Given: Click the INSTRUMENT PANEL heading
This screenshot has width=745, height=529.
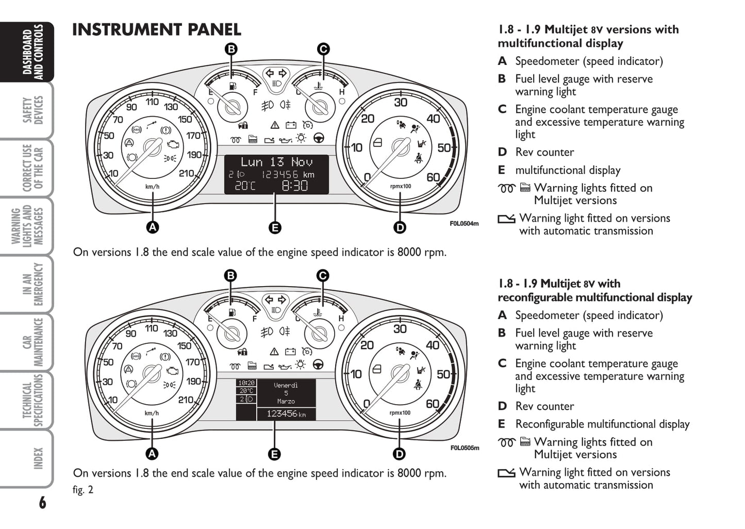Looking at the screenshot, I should [x=157, y=30].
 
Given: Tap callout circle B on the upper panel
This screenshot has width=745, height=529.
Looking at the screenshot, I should [x=231, y=49].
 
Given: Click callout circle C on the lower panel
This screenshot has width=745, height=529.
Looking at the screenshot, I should [x=322, y=275].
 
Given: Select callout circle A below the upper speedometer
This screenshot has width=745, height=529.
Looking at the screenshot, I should [x=152, y=227].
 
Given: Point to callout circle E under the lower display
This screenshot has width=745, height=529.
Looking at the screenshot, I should [x=274, y=454].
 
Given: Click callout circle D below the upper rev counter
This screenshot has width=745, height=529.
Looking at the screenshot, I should [x=400, y=227].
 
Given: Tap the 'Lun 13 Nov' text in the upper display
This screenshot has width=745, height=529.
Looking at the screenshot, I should [x=276, y=162].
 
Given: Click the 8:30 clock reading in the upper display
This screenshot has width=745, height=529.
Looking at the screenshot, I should [x=294, y=186].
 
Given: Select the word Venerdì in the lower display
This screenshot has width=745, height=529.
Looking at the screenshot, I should [x=286, y=385].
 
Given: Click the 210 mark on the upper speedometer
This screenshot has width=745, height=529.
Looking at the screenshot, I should [x=186, y=173].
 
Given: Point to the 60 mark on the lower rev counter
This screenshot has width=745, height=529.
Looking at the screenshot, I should [x=433, y=404].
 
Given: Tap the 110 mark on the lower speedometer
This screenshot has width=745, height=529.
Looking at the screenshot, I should [x=152, y=328].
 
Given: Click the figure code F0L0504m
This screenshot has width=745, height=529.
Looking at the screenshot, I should [x=464, y=224].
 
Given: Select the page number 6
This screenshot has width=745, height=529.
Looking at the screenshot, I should [x=42, y=502].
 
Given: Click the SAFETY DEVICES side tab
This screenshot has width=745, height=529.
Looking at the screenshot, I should [x=32, y=110].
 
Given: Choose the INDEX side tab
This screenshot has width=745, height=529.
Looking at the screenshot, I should [x=37, y=458].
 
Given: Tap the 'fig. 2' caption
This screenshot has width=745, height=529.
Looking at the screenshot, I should [x=83, y=490].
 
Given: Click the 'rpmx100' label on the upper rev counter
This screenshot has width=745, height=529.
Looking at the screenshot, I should [x=400, y=186].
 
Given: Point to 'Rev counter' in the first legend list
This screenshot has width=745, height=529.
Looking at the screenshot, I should [x=544, y=152].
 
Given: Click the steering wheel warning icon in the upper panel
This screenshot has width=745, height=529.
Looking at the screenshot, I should [x=319, y=139].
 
